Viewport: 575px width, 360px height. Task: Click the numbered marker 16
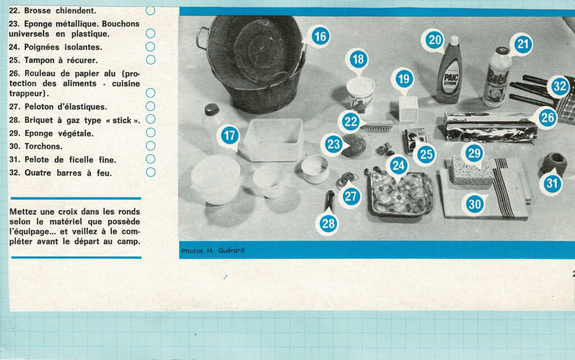point(321,37)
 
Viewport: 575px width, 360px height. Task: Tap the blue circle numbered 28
point(328,224)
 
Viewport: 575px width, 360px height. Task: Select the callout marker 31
point(552,183)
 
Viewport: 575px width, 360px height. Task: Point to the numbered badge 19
point(404,79)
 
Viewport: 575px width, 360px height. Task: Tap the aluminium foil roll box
point(490,127)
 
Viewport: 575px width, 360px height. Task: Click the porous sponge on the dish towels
point(473,171)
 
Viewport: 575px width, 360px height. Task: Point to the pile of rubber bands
point(346,180)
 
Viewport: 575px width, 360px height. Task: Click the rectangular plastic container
point(274,140)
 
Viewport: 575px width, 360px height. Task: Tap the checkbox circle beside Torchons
point(150,146)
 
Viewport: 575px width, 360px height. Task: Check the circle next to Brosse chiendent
point(150,10)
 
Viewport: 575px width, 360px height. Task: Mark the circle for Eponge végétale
point(150,133)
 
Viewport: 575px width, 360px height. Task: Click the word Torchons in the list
point(43,146)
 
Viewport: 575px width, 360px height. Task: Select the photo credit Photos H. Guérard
point(213,250)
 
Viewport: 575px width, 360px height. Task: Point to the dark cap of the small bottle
point(212,110)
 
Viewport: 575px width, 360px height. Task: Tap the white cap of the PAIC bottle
point(454,40)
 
